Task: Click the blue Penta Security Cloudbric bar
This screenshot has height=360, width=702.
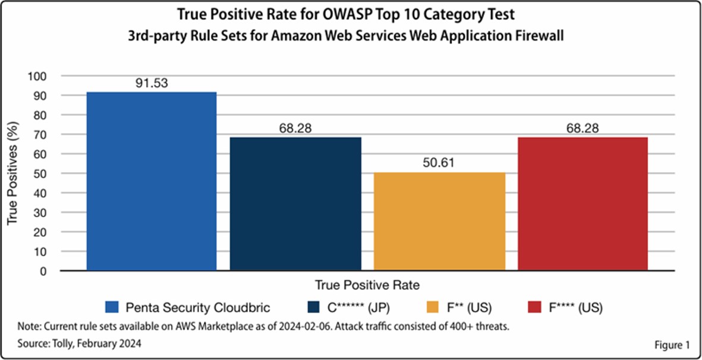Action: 152,181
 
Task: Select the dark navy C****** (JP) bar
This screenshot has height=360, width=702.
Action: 295,204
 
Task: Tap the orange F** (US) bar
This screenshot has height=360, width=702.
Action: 439,221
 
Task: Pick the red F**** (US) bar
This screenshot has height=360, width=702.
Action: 583,204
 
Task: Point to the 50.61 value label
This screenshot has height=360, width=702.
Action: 438,163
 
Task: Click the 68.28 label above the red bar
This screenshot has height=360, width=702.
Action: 583,128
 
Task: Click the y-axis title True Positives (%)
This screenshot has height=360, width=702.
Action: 12,173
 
